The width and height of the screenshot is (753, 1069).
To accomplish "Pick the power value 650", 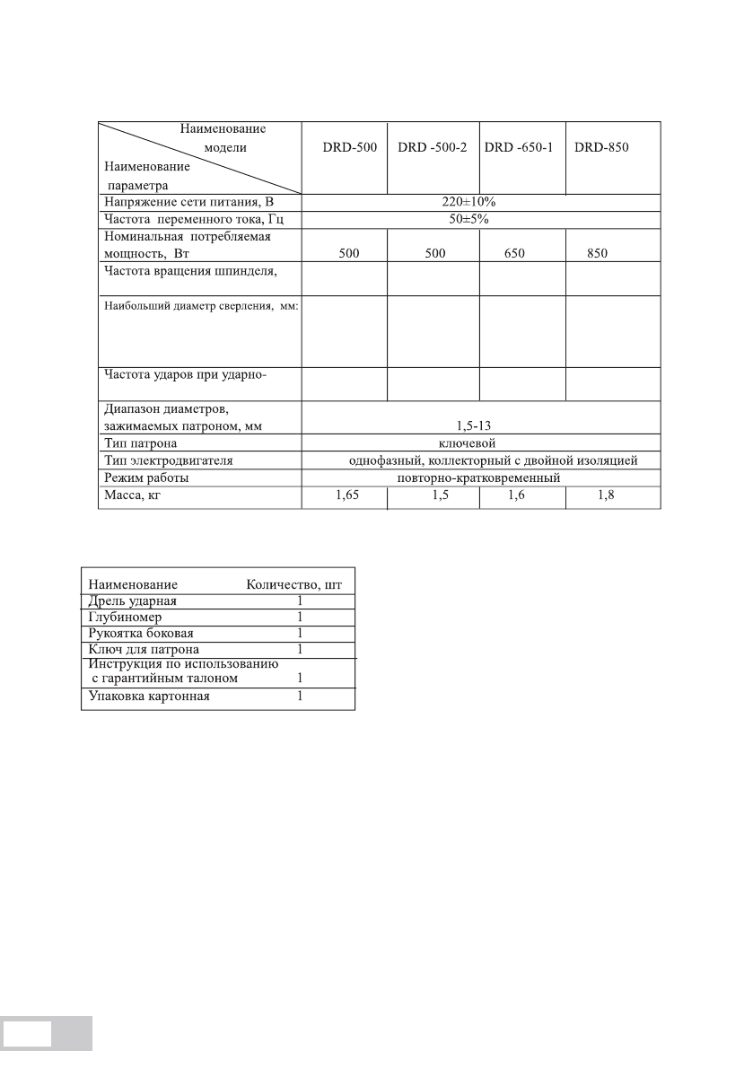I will click(520, 254).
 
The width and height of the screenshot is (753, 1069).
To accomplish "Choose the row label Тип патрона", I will click(141, 443).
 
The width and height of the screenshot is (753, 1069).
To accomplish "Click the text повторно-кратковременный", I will click(478, 478).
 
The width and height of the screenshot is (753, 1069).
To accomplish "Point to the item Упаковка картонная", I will click(149, 696).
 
